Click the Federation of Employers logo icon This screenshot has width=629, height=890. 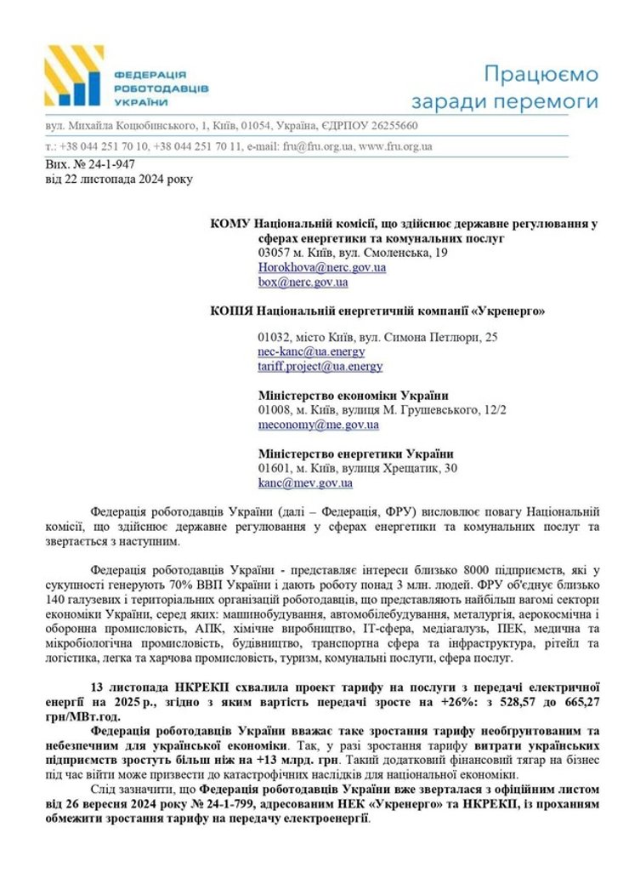coord(77,76)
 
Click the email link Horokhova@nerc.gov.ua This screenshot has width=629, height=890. coord(322,267)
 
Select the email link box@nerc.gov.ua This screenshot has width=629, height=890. coord(303,282)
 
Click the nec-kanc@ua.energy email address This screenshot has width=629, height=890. coord(311,351)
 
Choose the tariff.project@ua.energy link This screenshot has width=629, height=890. coord(320,366)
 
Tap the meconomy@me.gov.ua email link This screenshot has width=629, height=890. coord(319,425)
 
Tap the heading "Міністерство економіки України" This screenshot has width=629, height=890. coord(353,396)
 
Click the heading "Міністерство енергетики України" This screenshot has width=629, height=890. coord(355,454)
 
